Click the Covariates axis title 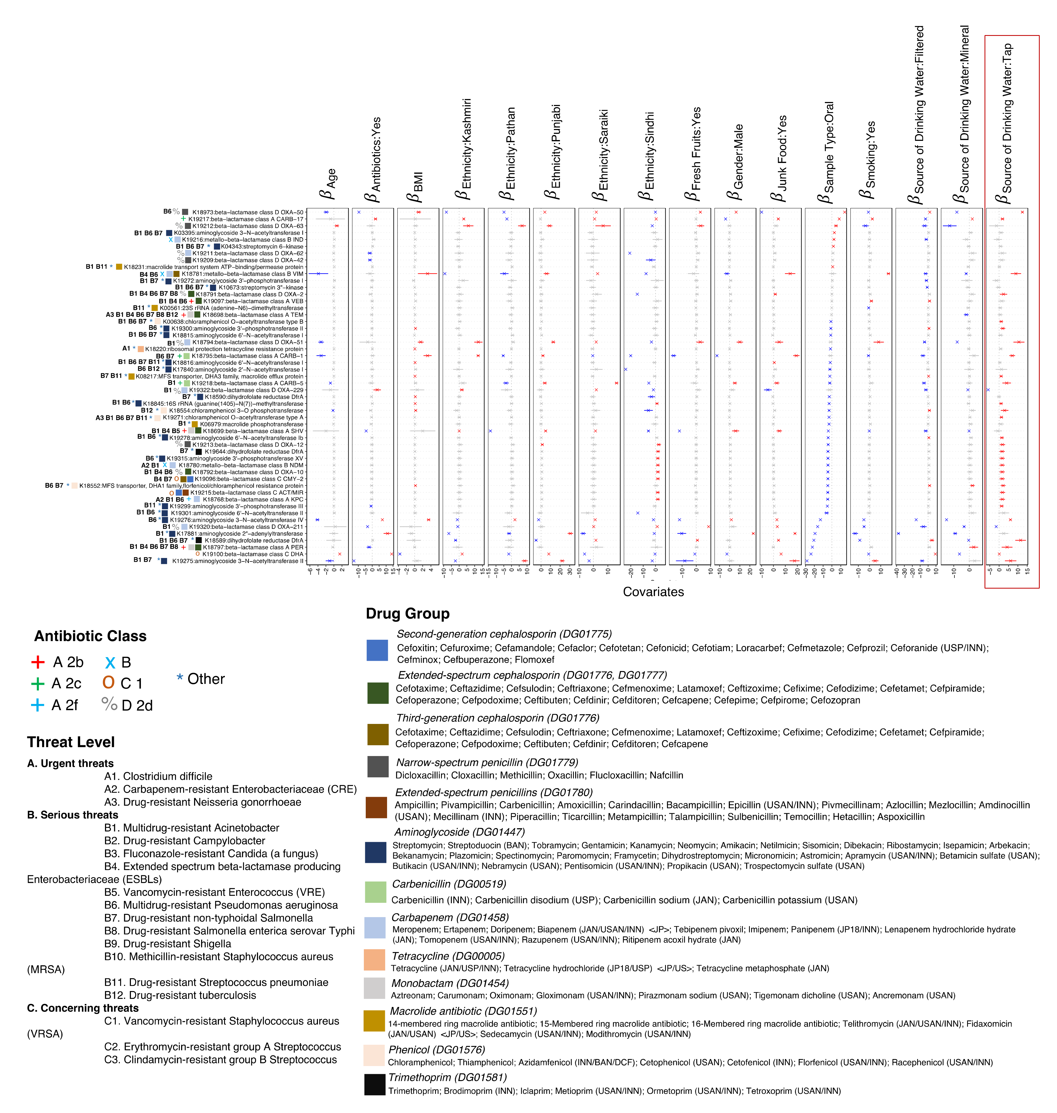pyautogui.click(x=653, y=591)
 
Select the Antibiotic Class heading pyautogui.click(x=90, y=636)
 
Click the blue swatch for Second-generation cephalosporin pyautogui.click(x=376, y=650)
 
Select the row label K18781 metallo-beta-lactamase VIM pyautogui.click(x=242, y=274)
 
